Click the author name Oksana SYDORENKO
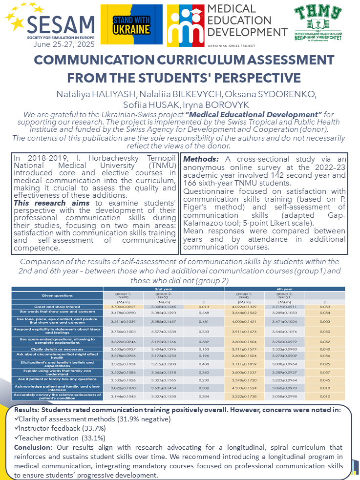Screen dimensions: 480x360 (x=283, y=94)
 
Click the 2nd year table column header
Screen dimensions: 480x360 (x=163, y=289)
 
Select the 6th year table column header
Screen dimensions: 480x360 (x=284, y=289)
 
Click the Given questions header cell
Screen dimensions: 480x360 (x=57, y=296)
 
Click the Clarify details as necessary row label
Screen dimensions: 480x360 (x=57, y=349)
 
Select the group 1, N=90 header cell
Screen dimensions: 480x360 (x=123, y=295)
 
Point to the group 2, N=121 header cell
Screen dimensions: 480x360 (x=284, y=295)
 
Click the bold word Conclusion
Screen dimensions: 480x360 (x=32, y=447)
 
